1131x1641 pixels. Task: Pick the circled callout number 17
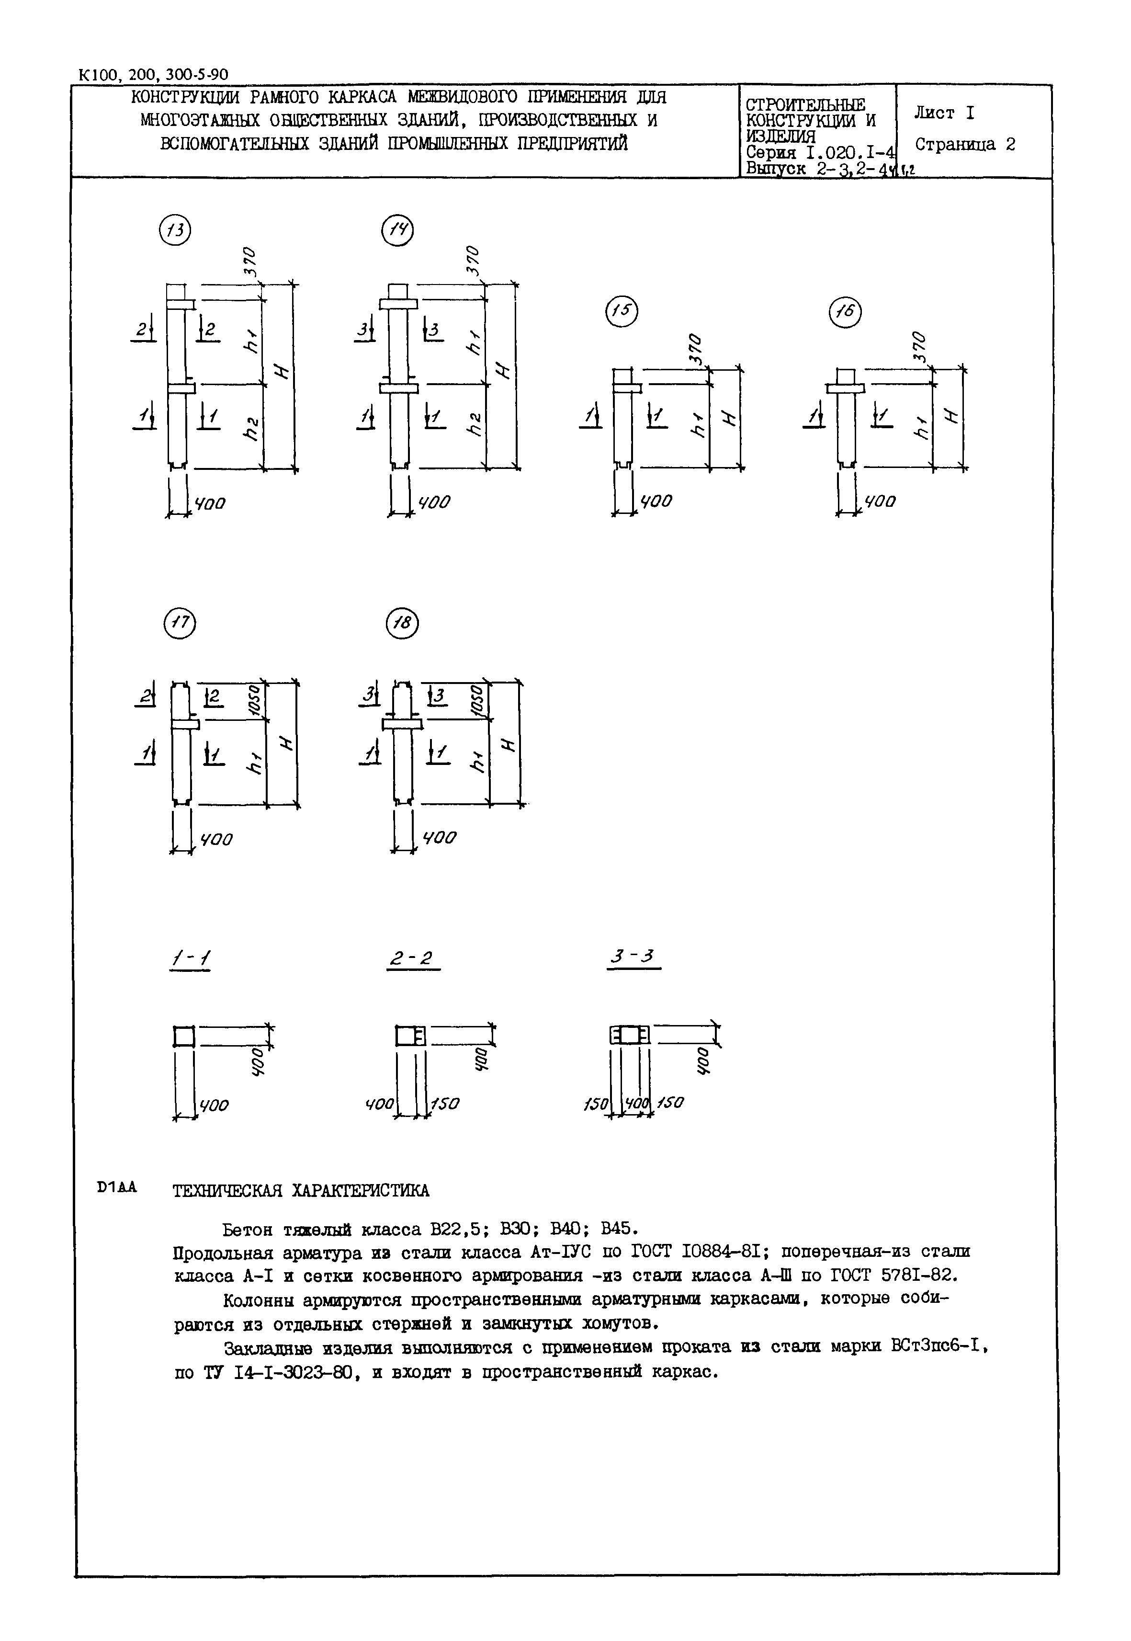tap(179, 623)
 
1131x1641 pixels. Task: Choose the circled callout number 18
tap(403, 623)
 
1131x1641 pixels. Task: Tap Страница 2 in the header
tap(965, 145)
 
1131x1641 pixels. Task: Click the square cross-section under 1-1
tap(183, 1037)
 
